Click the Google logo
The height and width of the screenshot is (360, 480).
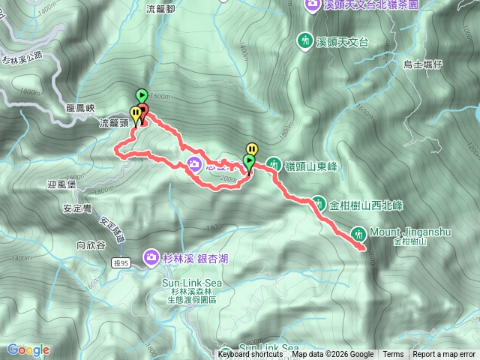click(x=28, y=349)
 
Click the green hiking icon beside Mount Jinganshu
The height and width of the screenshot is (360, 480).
click(x=359, y=233)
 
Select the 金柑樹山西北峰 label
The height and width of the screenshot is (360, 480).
click(x=367, y=203)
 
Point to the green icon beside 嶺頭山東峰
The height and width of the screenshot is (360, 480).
click(x=274, y=164)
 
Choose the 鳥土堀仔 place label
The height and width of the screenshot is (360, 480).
click(x=425, y=65)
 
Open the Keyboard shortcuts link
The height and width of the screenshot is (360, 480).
click(x=251, y=355)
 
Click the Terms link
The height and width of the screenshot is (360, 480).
click(x=393, y=355)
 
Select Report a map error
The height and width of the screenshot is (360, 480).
click(x=445, y=355)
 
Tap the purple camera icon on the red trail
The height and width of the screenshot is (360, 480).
click(x=194, y=164)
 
